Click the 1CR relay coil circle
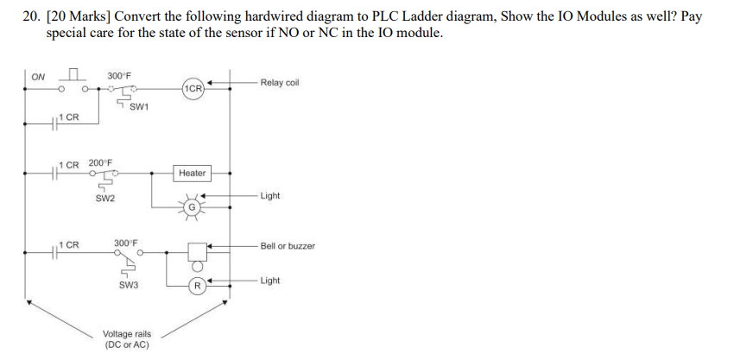[193, 88]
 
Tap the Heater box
[192, 174]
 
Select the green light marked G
[192, 207]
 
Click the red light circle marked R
[198, 286]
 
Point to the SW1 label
[139, 107]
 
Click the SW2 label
[104, 199]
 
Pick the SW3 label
[129, 285]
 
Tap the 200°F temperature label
[101, 163]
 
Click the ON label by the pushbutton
[38, 77]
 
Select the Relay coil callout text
[280, 83]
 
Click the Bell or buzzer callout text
[288, 246]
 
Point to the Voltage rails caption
[127, 340]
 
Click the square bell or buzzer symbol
[197, 252]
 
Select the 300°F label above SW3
[126, 243]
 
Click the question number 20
[31, 17]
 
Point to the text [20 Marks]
[79, 17]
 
